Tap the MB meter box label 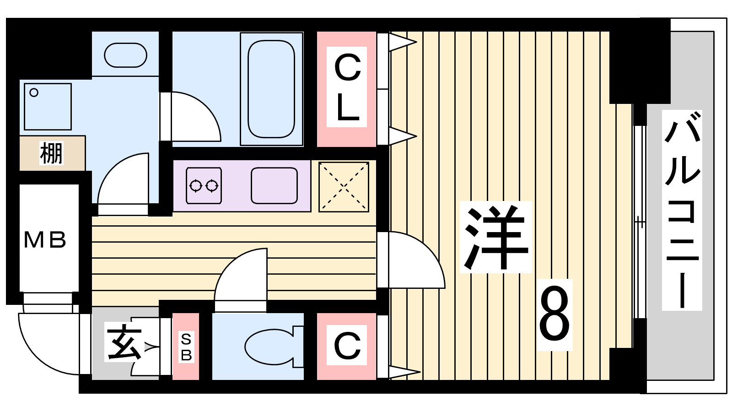point(45,240)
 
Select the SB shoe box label point(186,347)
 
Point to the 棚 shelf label point(51,153)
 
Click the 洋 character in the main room point(495,237)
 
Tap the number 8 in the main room point(554,314)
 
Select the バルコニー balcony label point(682,210)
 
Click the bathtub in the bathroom point(271,89)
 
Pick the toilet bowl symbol point(274,347)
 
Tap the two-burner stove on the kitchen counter point(204,186)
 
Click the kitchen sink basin point(274,186)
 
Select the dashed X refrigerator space point(344,186)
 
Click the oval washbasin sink point(125,55)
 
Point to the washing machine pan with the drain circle point(48,107)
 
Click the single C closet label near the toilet point(347,345)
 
